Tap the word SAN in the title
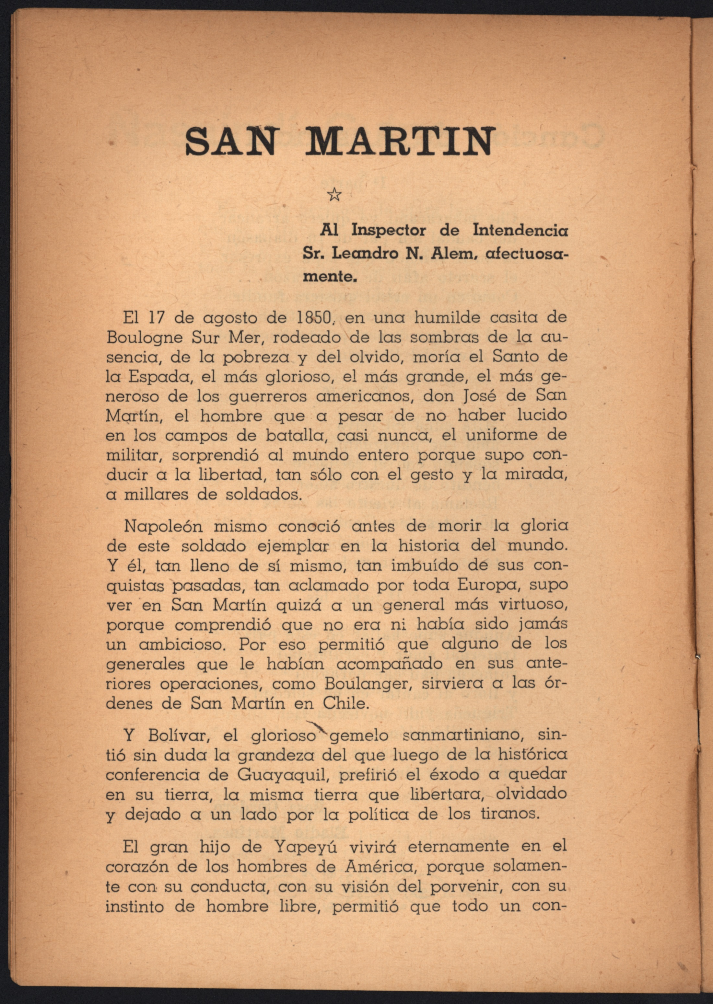point(231,141)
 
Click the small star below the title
point(334,194)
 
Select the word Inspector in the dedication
point(388,231)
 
